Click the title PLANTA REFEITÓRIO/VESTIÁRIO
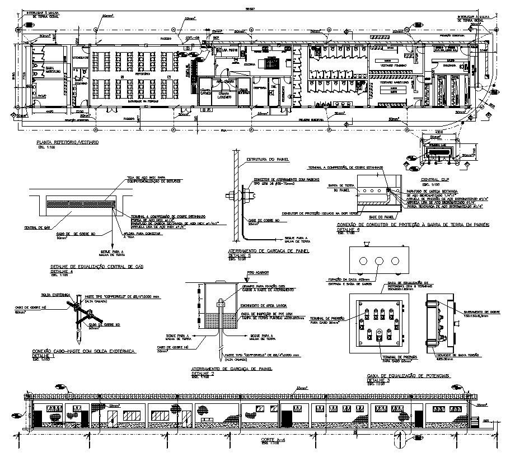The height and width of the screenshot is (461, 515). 67,143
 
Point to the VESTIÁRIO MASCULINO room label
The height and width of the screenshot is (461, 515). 394,82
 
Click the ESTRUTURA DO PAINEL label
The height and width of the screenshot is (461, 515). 268,160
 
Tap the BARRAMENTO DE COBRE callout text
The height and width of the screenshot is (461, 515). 476,313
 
